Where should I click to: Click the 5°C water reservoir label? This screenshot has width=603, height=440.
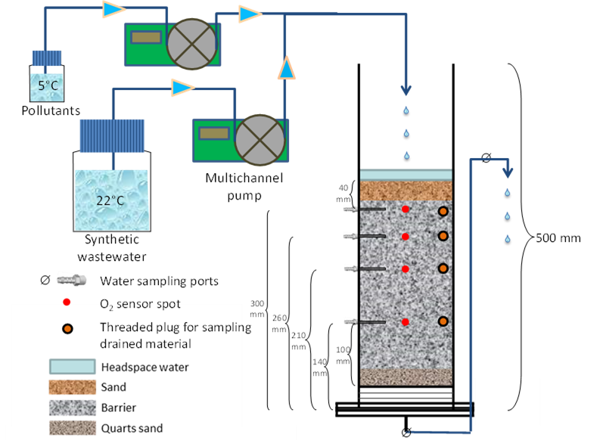click(47, 85)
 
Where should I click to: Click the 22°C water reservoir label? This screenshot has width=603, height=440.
click(110, 200)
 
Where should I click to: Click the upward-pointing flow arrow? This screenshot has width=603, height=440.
click(286, 67)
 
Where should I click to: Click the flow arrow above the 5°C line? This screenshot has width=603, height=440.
click(113, 9)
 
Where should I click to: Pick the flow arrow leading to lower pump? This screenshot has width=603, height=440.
click(182, 88)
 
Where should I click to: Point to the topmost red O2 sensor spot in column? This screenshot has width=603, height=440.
click(406, 209)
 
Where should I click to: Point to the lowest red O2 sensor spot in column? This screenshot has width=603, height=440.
click(406, 322)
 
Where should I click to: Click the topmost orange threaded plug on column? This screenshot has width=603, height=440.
click(443, 212)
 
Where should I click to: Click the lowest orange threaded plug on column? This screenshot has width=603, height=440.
click(443, 321)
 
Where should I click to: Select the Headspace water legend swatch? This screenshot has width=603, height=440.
click(71, 367)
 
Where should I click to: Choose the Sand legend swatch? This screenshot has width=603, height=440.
click(71, 387)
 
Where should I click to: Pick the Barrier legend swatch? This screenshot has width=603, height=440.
click(71, 407)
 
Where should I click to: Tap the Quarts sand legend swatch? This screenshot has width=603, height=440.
click(71, 428)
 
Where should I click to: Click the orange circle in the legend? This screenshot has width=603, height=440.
click(67, 328)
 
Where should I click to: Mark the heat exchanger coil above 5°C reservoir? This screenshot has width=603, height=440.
click(46, 57)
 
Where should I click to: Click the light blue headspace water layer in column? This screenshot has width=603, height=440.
click(406, 175)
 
